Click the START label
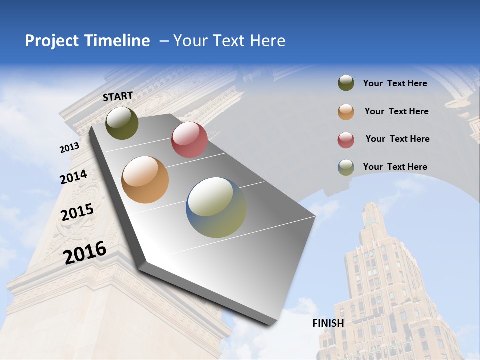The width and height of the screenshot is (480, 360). [118, 96]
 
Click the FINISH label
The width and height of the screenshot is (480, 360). [328, 323]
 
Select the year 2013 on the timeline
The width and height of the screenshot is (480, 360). [69, 148]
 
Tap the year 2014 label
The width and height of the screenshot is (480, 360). [73, 177]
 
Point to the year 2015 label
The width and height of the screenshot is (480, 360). [77, 212]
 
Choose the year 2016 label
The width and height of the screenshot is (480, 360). [85, 252]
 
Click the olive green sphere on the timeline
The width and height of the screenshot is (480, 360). [122, 123]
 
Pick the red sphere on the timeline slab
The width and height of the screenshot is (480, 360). [189, 140]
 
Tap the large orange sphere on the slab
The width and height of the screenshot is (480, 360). [145, 180]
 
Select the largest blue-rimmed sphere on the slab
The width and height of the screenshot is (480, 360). [216, 207]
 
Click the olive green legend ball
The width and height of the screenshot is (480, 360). [346, 83]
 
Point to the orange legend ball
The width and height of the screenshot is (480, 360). [346, 112]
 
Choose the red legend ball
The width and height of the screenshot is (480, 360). [346, 140]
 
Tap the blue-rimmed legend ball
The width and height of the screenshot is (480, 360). [346, 167]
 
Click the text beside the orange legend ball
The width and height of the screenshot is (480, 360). [396, 111]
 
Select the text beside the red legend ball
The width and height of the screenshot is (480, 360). [397, 139]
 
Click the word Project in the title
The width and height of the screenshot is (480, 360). [52, 41]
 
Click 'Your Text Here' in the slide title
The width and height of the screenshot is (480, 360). [229, 41]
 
